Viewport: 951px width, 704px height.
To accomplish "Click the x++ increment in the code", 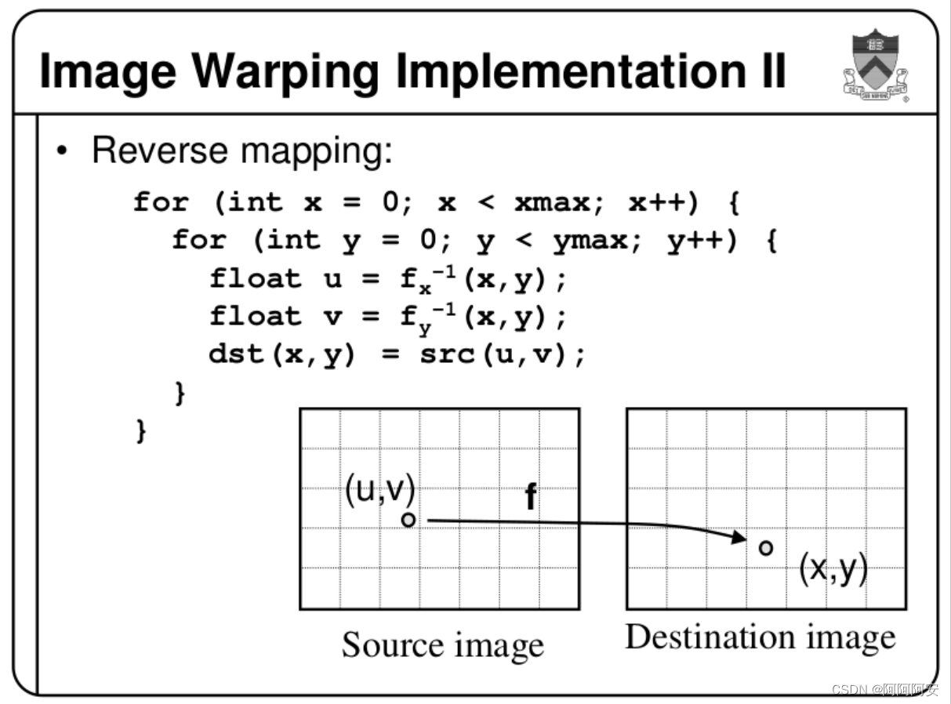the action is [x=663, y=202].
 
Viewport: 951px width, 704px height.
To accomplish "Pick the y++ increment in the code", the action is [x=702, y=241].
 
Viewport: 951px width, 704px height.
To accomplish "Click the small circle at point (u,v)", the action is [x=407, y=519].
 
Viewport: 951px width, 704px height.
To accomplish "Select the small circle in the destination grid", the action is [x=766, y=547].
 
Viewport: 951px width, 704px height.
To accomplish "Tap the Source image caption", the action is [x=442, y=645].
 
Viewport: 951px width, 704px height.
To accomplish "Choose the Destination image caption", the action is [x=760, y=637].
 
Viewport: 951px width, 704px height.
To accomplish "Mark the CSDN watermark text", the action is [x=885, y=689].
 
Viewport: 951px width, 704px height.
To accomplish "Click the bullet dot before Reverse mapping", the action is [x=62, y=151].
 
